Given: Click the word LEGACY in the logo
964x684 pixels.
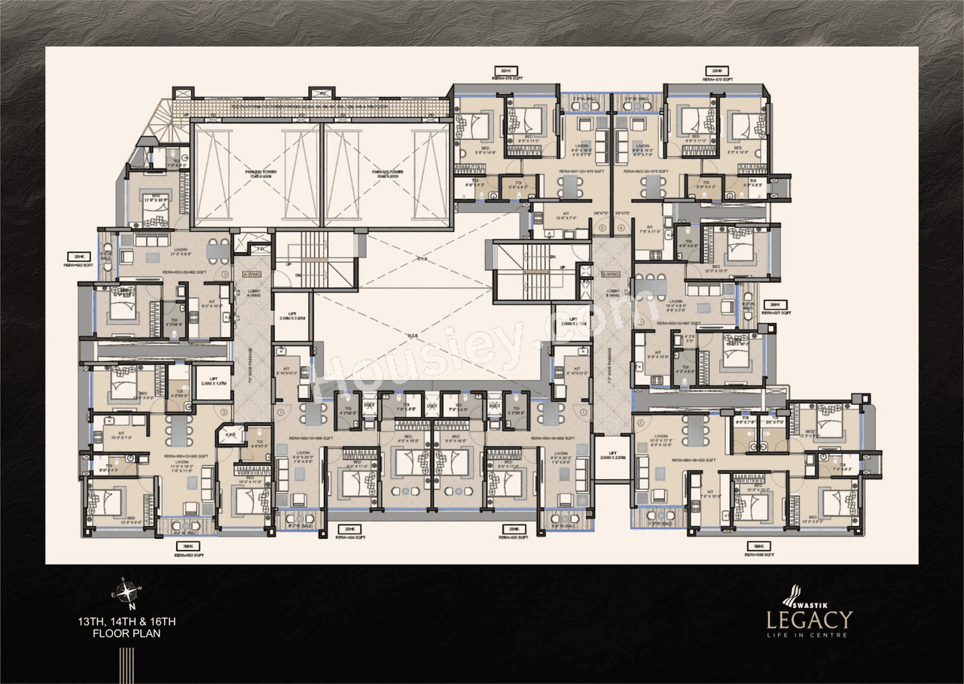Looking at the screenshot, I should pyautogui.click(x=810, y=620).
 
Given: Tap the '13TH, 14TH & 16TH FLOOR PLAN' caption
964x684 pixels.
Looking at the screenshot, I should pyautogui.click(x=127, y=628).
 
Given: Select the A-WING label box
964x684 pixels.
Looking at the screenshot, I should pyautogui.click(x=246, y=274).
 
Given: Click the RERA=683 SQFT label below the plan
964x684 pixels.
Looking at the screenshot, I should pyautogui.click(x=189, y=555).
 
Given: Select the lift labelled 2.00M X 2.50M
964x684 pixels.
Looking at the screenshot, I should pyautogui.click(x=611, y=456).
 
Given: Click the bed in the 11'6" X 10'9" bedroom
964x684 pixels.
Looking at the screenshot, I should pyautogui.click(x=158, y=212).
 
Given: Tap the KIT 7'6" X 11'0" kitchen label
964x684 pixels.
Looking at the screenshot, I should pyautogui.click(x=649, y=232).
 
